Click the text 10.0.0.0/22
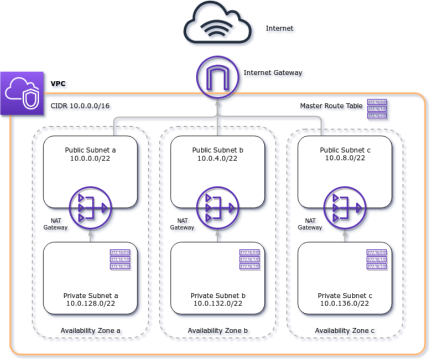pos(90,159)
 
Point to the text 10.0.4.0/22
pos(217,159)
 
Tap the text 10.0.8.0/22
pos(345,159)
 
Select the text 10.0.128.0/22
pos(91,304)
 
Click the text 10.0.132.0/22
pos(218,304)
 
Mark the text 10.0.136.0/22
pos(345,304)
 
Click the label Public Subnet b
pos(217,150)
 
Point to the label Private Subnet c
pos(345,296)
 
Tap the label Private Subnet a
pos(91,296)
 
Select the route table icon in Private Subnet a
pos(120,260)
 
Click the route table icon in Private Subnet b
pos(249,260)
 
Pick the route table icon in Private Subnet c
pos(377,260)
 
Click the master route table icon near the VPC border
pos(377,109)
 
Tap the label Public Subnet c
pos(345,150)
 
